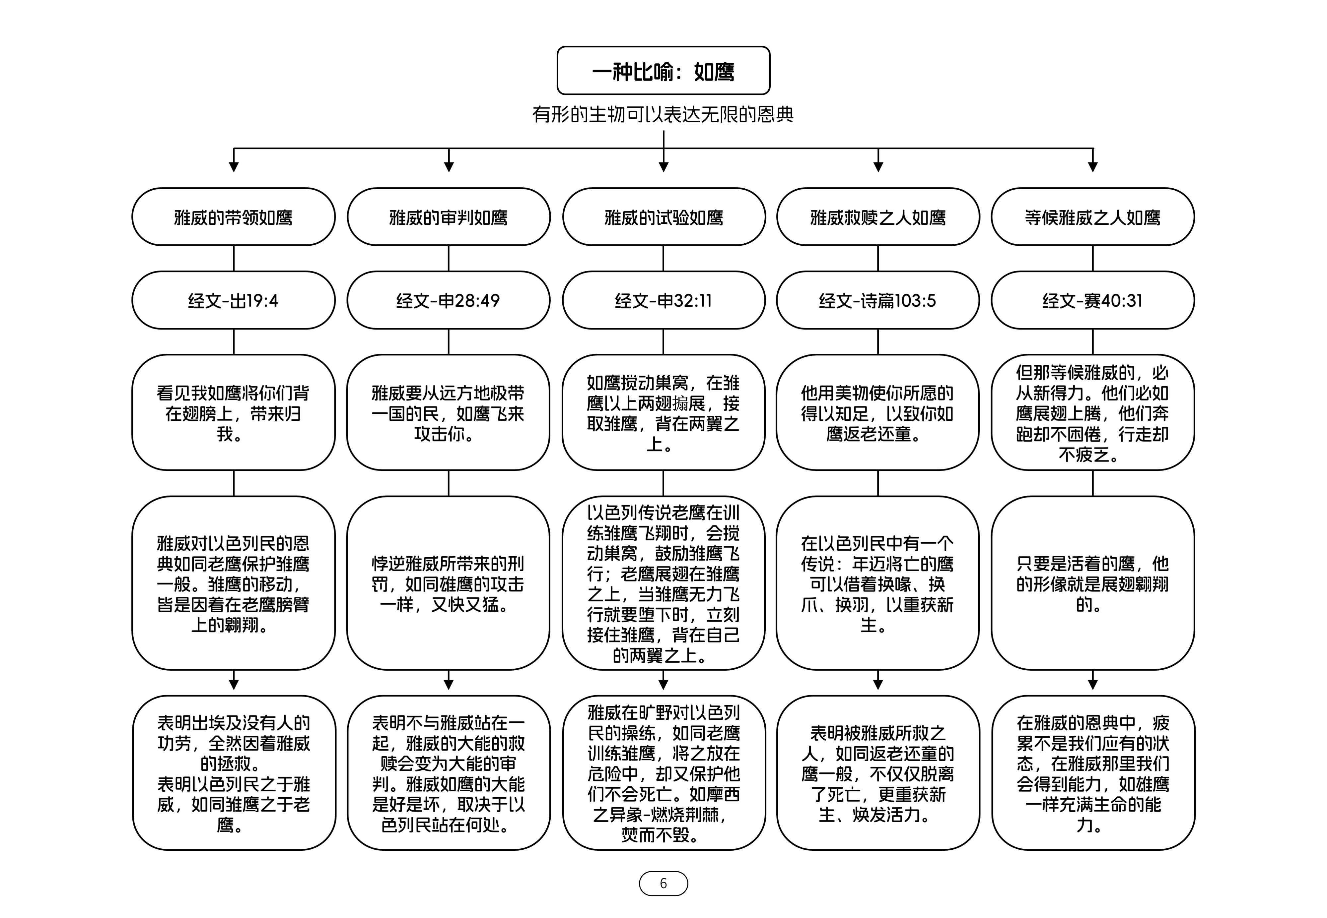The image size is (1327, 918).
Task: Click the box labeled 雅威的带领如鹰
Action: (233, 217)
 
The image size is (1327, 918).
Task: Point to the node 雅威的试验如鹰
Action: (663, 217)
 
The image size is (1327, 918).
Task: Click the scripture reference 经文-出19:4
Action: (233, 300)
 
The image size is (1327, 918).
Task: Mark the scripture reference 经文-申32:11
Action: (663, 300)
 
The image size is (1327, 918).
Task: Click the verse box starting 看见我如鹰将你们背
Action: (233, 412)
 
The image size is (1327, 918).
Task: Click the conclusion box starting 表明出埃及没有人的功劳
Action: (233, 772)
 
